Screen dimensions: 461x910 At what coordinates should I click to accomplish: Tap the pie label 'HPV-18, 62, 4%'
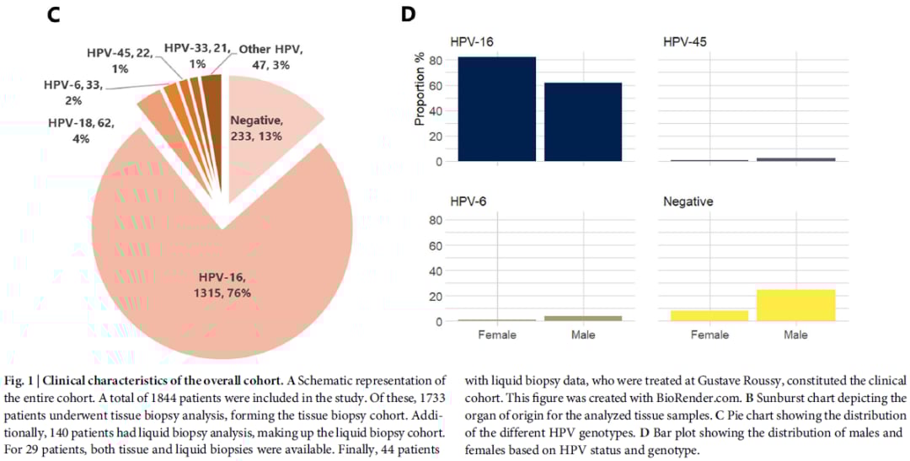pos(82,131)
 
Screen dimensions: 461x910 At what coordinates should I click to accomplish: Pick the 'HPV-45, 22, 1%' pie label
pos(120,60)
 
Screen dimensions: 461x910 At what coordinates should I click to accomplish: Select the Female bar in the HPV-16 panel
pos(497,109)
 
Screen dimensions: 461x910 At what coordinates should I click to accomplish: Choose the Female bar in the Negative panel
pos(709,315)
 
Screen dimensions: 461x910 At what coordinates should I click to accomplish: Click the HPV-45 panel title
pos(685,41)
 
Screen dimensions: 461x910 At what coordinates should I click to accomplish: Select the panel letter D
pos(408,14)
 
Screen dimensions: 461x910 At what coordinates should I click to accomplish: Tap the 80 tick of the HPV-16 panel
pos(436,61)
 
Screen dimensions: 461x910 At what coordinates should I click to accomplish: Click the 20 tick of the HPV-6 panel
pos(436,296)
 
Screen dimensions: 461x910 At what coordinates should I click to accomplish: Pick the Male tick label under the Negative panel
pos(795,335)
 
